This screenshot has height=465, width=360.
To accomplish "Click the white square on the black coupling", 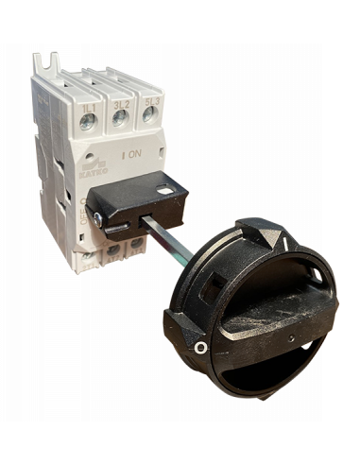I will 166,190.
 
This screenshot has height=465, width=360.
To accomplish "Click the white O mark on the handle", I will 198,348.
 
